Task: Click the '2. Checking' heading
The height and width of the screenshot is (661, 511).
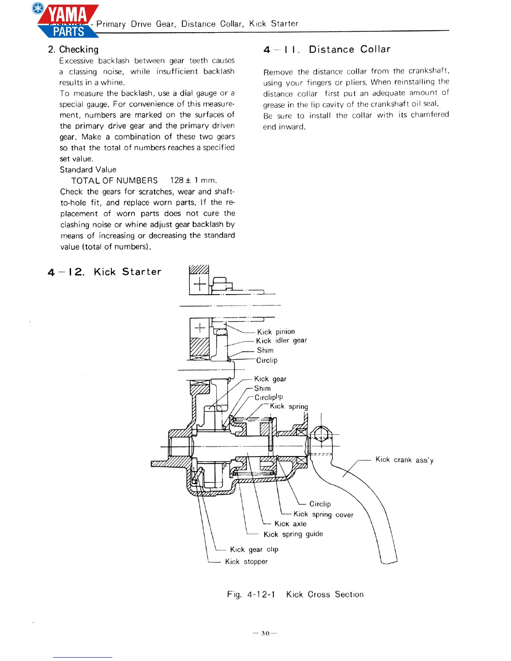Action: pyautogui.click(x=73, y=50)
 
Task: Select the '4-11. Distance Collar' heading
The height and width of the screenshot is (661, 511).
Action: pyautogui.click(x=326, y=50)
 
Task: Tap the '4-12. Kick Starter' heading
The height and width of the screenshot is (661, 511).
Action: pyautogui.click(x=104, y=272)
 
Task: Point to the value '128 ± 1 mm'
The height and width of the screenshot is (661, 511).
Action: pyautogui.click(x=193, y=180)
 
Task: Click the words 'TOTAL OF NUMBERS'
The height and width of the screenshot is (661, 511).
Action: pyautogui.click(x=114, y=181)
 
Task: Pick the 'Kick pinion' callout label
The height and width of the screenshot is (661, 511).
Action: pyautogui.click(x=276, y=332)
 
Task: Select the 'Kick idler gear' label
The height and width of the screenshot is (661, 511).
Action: pyautogui.click(x=281, y=341)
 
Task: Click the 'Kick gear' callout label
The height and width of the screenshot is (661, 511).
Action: pyautogui.click(x=270, y=379)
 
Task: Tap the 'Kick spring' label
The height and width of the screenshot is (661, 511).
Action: pyautogui.click(x=289, y=406)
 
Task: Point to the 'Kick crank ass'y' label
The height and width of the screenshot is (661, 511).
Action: pyautogui.click(x=404, y=459)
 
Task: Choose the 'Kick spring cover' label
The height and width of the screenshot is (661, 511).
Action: pyautogui.click(x=323, y=515)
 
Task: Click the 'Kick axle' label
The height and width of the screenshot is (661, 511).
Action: pyautogui.click(x=291, y=524)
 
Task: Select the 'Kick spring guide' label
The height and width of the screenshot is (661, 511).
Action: pyautogui.click(x=293, y=534)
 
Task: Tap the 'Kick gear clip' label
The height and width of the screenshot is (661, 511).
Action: pyautogui.click(x=254, y=550)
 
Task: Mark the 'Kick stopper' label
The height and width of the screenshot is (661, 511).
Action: pyautogui.click(x=246, y=562)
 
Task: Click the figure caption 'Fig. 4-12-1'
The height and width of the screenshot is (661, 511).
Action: pyautogui.click(x=251, y=594)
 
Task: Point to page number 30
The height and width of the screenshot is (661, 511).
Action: pyautogui.click(x=265, y=633)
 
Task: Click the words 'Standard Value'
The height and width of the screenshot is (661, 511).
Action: pyautogui.click(x=88, y=169)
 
